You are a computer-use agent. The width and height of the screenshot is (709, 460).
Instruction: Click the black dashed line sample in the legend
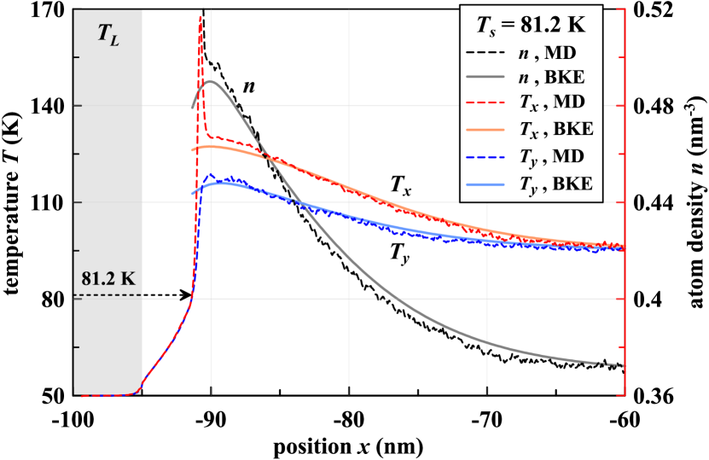[488, 53]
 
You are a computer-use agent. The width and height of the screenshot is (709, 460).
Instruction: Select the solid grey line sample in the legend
[488, 79]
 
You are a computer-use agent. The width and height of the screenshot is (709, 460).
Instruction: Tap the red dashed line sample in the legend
[488, 105]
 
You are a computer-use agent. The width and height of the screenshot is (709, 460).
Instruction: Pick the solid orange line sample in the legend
[488, 131]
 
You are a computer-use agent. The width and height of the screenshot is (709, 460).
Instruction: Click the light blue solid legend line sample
[488, 183]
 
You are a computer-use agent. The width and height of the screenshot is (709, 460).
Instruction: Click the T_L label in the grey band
[108, 33]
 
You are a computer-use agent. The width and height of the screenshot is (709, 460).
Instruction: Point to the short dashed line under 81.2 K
[108, 295]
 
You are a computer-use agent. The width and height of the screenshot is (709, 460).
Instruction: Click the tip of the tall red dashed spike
[200, 15]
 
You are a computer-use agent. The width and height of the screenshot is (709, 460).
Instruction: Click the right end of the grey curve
[623, 366]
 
